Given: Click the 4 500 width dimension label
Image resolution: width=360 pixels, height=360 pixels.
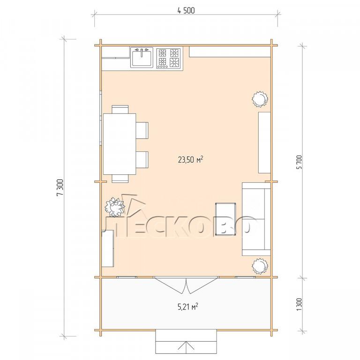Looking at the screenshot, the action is coord(186,11).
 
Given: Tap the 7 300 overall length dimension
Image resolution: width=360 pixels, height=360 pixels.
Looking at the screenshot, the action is coord(60,188).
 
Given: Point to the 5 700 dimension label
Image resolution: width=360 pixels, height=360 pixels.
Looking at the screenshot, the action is coord(300,162).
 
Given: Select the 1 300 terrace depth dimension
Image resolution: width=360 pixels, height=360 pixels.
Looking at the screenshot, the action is coord(300,304).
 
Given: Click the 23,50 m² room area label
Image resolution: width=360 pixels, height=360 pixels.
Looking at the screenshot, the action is coord(190,159).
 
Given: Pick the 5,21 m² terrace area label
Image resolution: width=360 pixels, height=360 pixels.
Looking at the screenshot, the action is coord(188,307).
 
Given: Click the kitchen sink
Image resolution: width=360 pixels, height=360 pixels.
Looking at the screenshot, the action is coord(142,57).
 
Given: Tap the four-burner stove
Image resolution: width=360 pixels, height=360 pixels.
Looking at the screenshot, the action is coord(169,58).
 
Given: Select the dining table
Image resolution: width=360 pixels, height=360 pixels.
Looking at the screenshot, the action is coord(120,144).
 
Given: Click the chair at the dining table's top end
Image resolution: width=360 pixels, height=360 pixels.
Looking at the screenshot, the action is coord(120,109).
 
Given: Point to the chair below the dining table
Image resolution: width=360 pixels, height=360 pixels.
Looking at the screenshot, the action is coord(120,179).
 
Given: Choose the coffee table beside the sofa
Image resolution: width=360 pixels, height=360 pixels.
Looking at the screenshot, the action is coord(225,219).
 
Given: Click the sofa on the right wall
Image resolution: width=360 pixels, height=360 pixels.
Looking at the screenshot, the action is coord(256,219).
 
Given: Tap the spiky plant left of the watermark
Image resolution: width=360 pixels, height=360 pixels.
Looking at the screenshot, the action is coord(114,207).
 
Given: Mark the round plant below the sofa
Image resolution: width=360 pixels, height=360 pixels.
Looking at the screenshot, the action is coord(260,266).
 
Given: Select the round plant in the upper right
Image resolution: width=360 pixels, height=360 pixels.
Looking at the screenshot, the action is coord(260,99).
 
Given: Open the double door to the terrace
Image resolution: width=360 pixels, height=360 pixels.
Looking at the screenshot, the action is coord(186,286).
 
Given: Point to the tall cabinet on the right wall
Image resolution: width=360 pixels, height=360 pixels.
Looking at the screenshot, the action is coord(264,142).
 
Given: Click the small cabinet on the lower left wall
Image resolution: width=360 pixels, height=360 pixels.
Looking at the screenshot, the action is coord(108,248).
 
